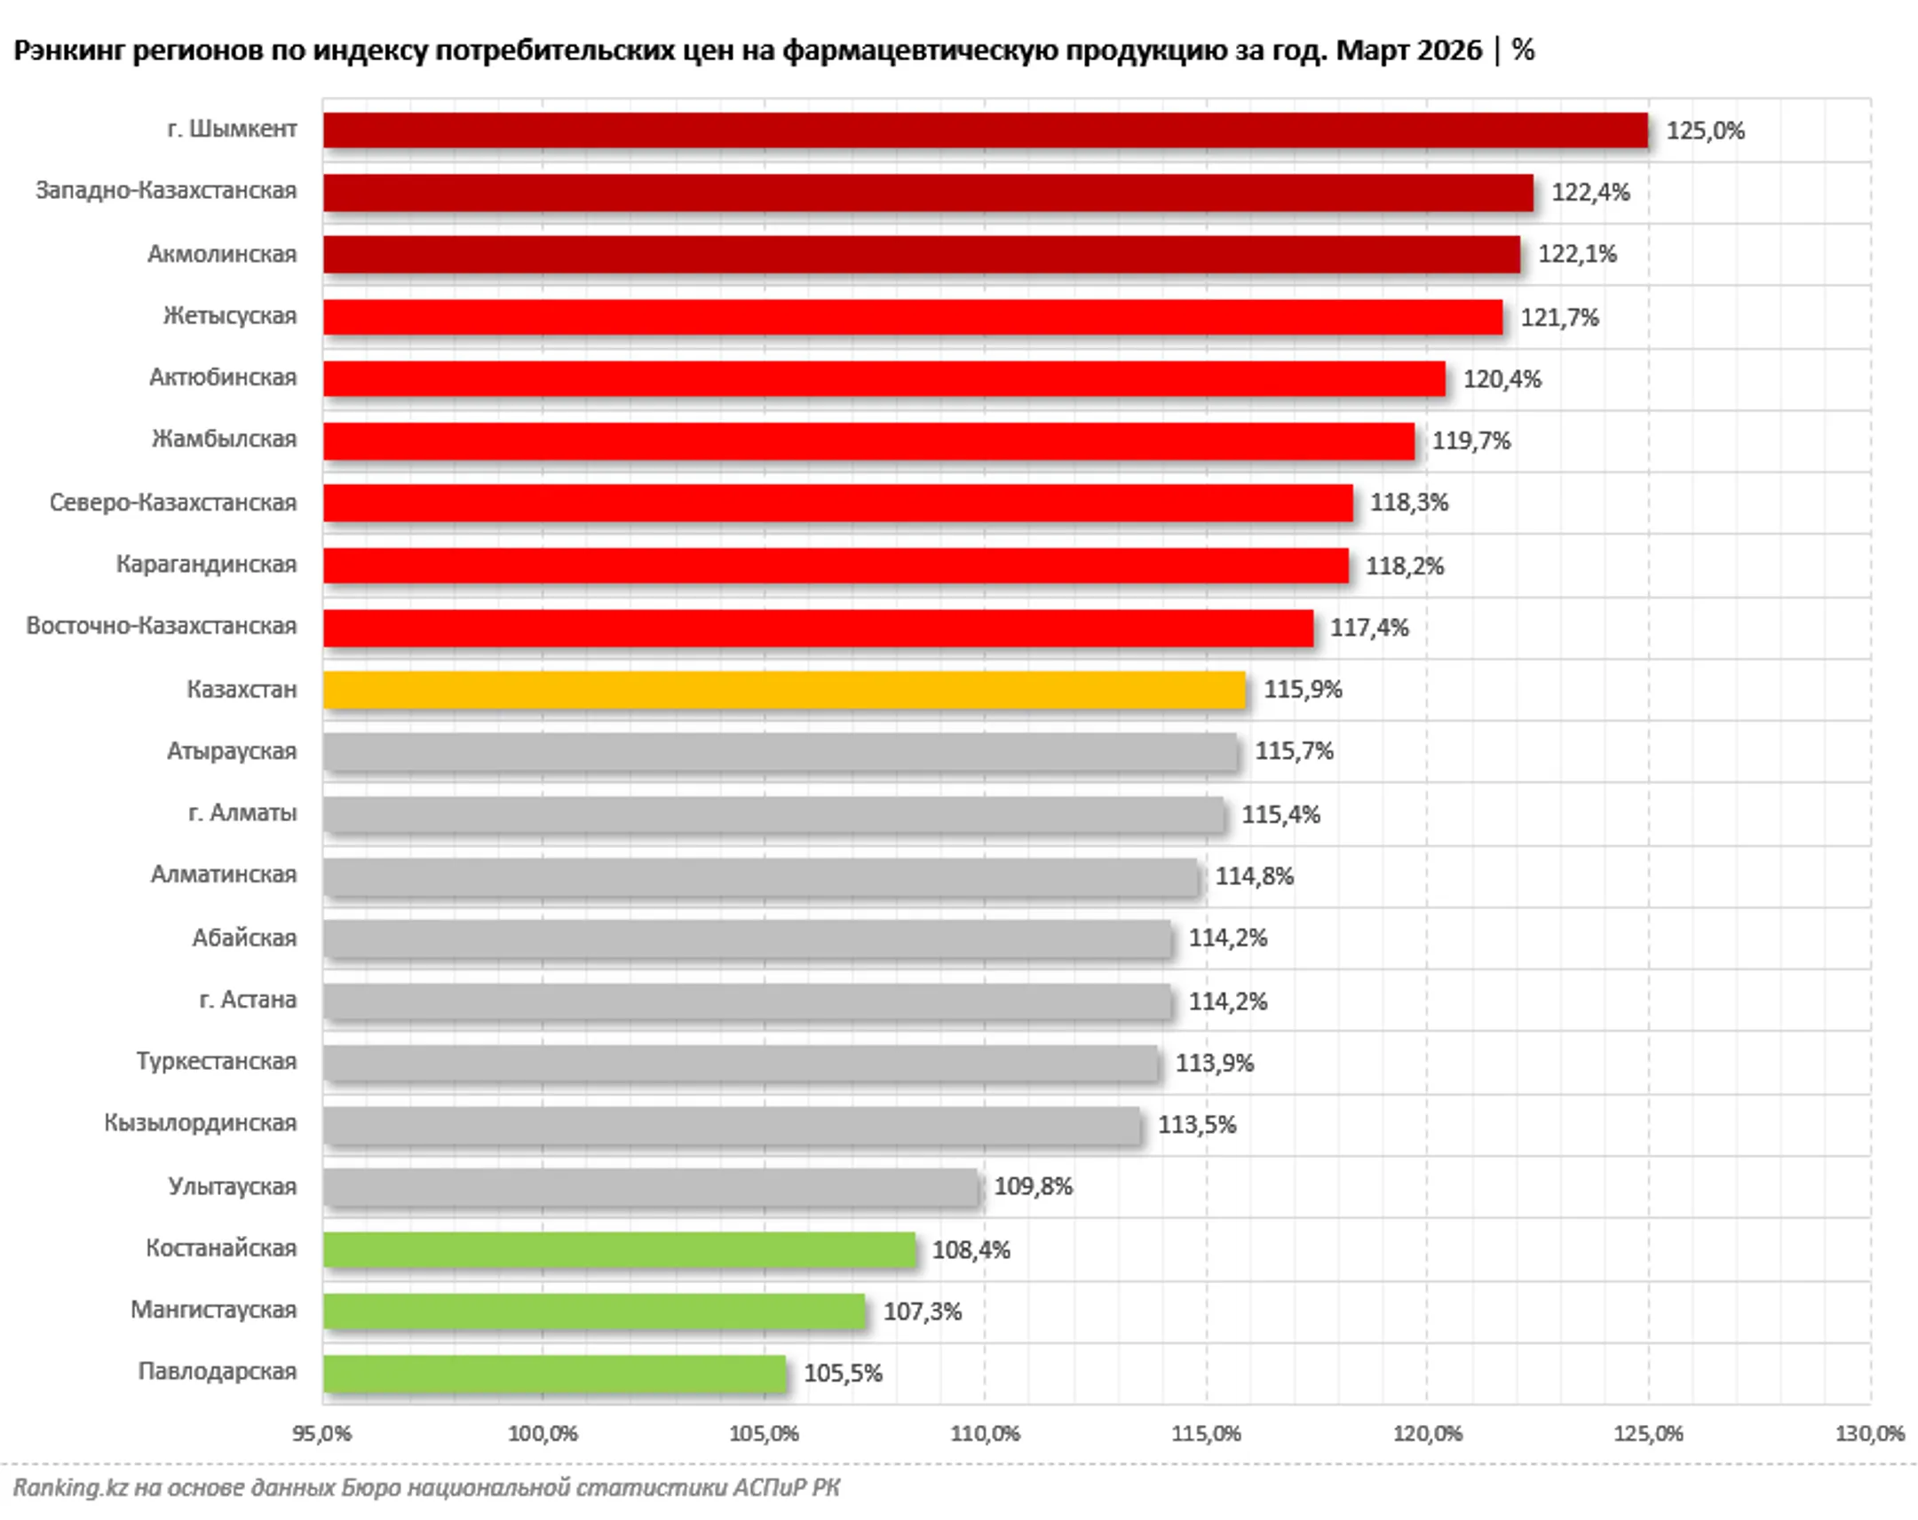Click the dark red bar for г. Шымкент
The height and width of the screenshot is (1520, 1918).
985,130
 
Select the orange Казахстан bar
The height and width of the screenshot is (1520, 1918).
784,689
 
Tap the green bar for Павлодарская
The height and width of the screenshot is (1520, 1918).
554,1373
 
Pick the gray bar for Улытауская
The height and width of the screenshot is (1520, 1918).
650,1186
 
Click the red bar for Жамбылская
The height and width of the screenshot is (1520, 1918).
868,441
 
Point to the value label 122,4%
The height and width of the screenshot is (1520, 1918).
1590,192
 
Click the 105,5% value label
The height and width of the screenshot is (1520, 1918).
843,1374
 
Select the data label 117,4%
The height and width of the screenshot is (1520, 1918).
1369,628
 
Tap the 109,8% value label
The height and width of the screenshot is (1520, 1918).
1033,1186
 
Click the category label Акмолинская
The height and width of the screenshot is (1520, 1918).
221,255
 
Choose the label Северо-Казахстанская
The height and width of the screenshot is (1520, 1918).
172,503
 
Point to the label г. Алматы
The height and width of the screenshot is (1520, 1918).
242,813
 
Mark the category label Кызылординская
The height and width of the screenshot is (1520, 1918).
200,1123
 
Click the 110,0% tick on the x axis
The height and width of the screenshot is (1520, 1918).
985,1434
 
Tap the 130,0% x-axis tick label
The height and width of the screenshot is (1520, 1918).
1869,1434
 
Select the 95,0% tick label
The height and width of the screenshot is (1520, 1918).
322,1434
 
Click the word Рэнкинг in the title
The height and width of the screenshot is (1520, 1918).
68,51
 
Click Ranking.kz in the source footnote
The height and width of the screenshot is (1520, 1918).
70,1487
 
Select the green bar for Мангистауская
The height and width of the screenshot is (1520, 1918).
593,1311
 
